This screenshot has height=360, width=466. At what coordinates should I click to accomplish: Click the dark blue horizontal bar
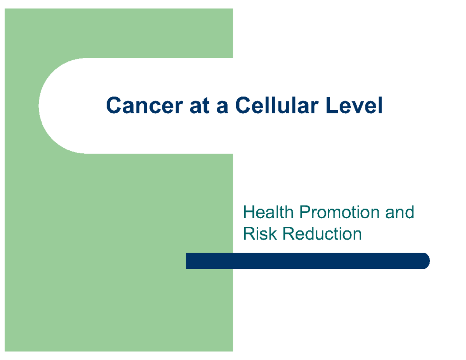point(307,261)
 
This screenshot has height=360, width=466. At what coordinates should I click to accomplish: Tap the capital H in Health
point(247,213)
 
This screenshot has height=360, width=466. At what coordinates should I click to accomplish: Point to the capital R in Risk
point(247,234)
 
